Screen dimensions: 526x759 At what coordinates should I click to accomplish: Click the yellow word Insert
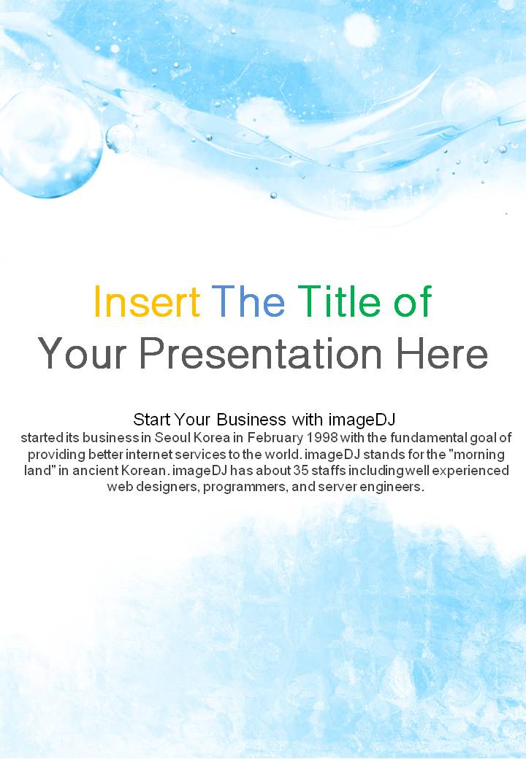pos(147,301)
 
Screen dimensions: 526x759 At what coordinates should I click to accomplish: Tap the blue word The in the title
pos(248,301)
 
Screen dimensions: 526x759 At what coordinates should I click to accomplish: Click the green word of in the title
pos(413,301)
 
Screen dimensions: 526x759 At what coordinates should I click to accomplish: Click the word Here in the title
pos(442,353)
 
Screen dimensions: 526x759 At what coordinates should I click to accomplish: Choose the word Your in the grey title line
pos(83,353)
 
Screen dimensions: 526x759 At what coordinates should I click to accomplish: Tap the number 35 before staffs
pos(300,471)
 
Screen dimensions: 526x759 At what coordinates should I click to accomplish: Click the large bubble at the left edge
pos(50,142)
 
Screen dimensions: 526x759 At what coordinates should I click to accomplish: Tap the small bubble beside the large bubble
pos(119,138)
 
